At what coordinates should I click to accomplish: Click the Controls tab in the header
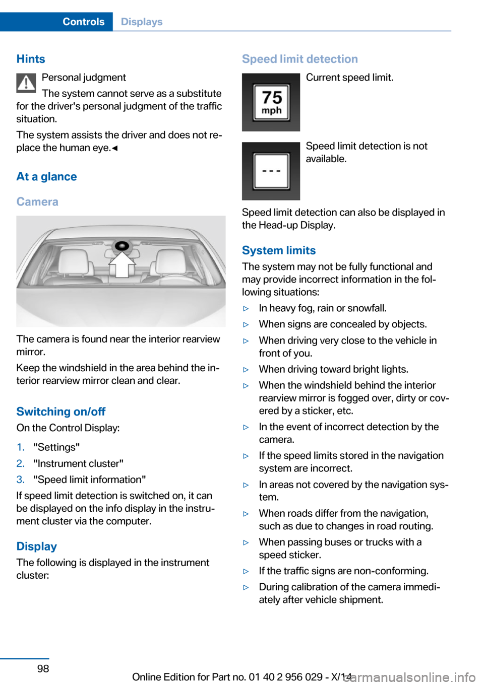(x=83, y=22)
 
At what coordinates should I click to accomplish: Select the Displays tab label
(x=142, y=22)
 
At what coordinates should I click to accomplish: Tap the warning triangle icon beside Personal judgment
(x=26, y=83)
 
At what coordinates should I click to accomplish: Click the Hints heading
(x=31, y=59)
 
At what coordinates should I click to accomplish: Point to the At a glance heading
(x=46, y=177)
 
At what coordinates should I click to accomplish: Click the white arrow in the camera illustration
(x=123, y=264)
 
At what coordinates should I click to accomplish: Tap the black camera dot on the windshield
(x=122, y=246)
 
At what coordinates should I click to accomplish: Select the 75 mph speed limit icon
(x=271, y=102)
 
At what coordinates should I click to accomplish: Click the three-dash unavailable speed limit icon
(x=271, y=171)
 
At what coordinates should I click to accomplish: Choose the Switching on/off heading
(x=61, y=411)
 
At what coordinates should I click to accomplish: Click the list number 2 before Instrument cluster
(x=20, y=463)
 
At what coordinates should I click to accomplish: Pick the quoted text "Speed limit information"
(x=90, y=479)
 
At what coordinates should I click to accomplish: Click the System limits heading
(x=279, y=250)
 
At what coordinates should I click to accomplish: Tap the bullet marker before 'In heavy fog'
(x=246, y=308)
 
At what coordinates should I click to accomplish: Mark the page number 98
(x=43, y=668)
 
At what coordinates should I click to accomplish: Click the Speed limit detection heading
(x=300, y=59)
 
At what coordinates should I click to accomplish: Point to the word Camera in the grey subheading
(x=37, y=202)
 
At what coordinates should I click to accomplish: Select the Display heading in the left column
(x=36, y=546)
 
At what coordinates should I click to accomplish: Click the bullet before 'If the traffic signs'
(x=246, y=571)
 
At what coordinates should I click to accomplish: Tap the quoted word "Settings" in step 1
(x=56, y=447)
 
